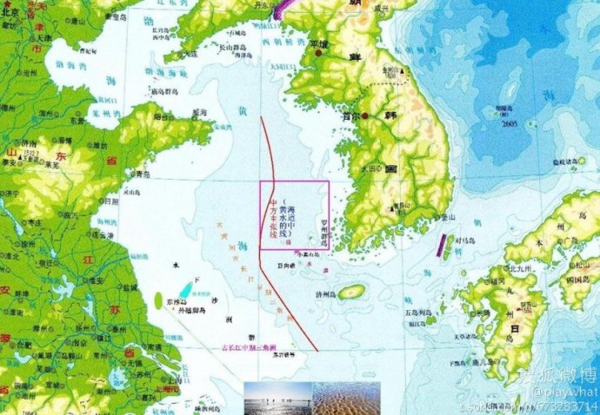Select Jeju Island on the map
[x=351, y=293]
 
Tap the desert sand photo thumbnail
[x=347, y=398]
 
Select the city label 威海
[x=199, y=112]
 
